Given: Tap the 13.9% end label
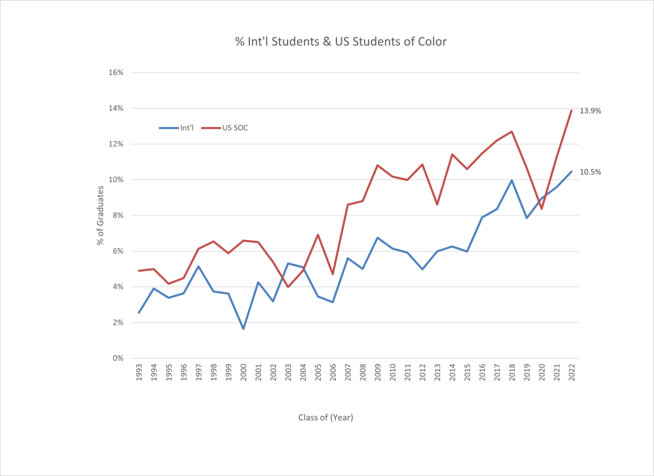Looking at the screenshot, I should pyautogui.click(x=590, y=110).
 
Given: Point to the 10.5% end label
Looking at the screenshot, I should pyautogui.click(x=590, y=172).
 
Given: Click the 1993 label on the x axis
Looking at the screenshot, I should pyautogui.click(x=139, y=374).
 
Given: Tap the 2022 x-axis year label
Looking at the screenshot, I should pyautogui.click(x=572, y=374).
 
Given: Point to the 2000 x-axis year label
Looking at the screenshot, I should pyautogui.click(x=243, y=374).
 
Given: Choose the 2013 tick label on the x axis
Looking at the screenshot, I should pyautogui.click(x=437, y=374).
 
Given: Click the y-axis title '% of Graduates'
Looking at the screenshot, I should pyautogui.click(x=100, y=215).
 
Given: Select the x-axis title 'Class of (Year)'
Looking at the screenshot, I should pyautogui.click(x=326, y=417).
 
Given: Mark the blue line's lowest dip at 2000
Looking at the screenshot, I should pyautogui.click(x=243, y=329).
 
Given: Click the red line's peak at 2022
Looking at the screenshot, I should pyautogui.click(x=571, y=110).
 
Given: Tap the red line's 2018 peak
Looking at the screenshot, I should pyautogui.click(x=512, y=132).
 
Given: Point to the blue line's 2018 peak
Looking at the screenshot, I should pyautogui.click(x=512, y=181).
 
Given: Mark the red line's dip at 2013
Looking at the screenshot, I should pyautogui.click(x=437, y=205).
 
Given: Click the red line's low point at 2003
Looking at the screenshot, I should pyautogui.click(x=288, y=286).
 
